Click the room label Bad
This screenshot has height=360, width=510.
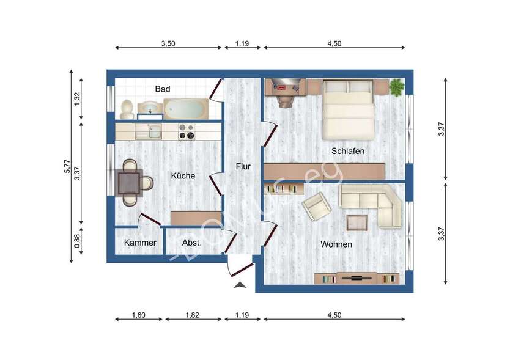click(162, 89)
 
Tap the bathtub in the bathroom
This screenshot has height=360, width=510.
click(186, 109)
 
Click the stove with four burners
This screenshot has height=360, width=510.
click(186, 131)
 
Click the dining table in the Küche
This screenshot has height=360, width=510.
click(129, 182)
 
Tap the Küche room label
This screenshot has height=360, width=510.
click(183, 176)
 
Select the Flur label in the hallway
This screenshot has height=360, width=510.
click(244, 166)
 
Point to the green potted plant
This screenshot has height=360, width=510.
click(397, 87)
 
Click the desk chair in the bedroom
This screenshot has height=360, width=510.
click(284, 99)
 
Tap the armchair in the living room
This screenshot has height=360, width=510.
click(317, 206)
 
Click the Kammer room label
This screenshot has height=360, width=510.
click(140, 243)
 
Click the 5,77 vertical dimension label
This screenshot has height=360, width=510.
click(67, 166)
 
